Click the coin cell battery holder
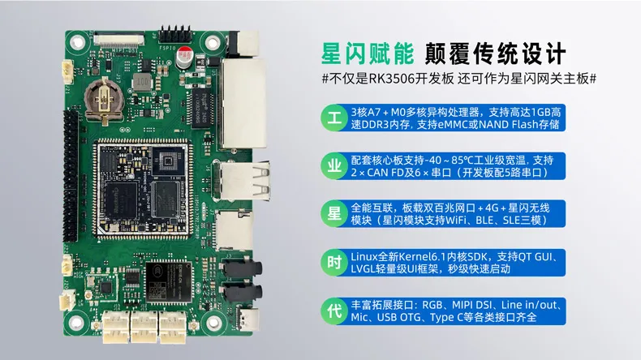point(104,99)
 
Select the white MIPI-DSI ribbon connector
point(119,40)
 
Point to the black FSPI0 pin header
point(175,34)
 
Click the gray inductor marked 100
point(141,81)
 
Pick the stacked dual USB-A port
point(243,181)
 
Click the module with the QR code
point(169,282)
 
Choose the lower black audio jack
point(242,293)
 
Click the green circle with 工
point(334,118)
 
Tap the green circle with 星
point(334,214)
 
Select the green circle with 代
point(334,311)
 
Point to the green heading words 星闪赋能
point(368,54)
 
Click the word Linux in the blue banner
point(364,256)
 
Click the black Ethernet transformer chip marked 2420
point(203,109)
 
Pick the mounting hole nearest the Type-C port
point(213,324)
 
